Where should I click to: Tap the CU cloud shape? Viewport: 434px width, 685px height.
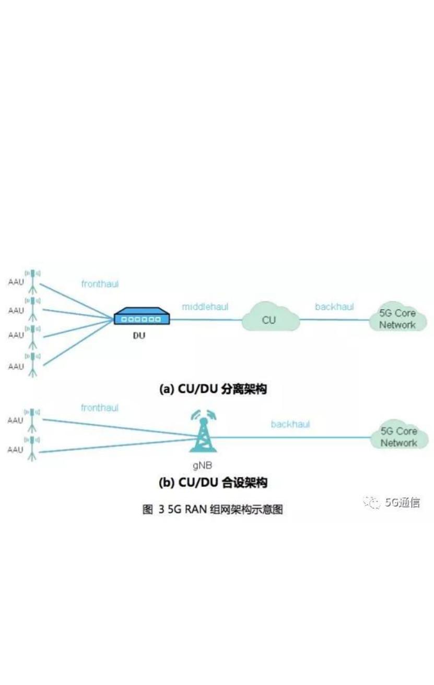[x=269, y=319]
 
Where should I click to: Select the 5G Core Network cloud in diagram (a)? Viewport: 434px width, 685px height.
[x=398, y=319]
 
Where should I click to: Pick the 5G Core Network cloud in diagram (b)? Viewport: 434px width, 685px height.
[x=399, y=437]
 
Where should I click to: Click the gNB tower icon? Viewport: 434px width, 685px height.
[x=203, y=432]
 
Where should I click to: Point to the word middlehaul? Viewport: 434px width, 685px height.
[x=205, y=307]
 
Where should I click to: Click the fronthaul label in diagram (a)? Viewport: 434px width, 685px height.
[x=100, y=284]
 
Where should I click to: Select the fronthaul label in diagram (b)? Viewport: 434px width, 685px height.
[x=100, y=408]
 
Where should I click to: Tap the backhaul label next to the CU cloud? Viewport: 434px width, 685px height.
[x=334, y=307]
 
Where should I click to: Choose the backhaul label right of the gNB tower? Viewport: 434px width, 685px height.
[x=290, y=424]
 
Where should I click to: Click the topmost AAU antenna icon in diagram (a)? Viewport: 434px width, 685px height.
[x=33, y=282]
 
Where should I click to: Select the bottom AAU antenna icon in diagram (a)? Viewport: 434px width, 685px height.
[x=33, y=364]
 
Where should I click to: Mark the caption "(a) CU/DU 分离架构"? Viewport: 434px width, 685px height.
[x=213, y=389]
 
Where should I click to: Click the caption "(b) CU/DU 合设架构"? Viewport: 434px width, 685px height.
[x=213, y=482]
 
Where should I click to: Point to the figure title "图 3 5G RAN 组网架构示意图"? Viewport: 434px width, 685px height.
[x=213, y=509]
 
